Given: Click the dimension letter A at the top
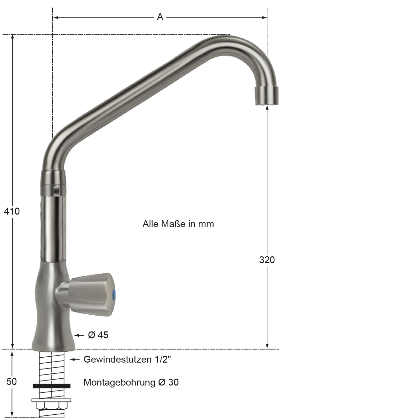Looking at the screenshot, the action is (160, 17).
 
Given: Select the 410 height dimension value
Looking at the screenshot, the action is (12, 211).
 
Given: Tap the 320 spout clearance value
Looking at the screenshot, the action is (267, 260).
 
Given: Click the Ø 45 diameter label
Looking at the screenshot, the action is (98, 335).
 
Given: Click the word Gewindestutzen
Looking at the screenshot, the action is (118, 359).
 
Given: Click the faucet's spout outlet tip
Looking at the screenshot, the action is (267, 96).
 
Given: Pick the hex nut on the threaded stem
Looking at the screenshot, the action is (51, 405).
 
